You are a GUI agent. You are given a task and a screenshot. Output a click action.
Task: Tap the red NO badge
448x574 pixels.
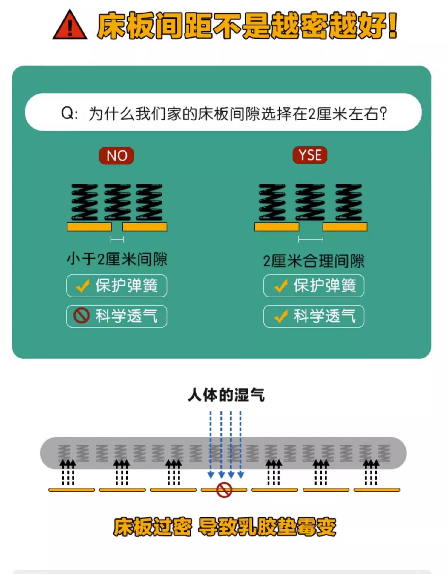click(x=116, y=155)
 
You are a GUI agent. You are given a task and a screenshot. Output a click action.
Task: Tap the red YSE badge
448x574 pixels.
click(x=310, y=155)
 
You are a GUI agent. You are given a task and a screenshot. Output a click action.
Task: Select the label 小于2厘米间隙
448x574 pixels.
click(x=117, y=259)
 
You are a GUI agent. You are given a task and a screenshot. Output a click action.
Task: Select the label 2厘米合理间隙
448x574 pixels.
click(x=314, y=261)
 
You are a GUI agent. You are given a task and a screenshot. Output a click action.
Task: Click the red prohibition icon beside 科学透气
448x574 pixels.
click(x=81, y=316)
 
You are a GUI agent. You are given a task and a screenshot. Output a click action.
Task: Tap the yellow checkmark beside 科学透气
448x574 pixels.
click(x=281, y=316)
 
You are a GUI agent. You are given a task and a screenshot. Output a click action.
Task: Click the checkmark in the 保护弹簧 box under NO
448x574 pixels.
click(x=82, y=286)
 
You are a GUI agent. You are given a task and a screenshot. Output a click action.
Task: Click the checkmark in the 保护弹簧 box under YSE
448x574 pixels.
click(x=281, y=286)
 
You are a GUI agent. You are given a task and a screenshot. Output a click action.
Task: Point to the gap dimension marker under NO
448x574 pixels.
click(x=117, y=239)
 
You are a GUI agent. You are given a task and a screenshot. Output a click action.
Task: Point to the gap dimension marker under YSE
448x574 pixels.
click(x=310, y=239)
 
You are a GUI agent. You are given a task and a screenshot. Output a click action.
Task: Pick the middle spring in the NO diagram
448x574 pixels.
click(x=117, y=202)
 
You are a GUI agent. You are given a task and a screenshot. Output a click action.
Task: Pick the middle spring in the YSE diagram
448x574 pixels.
click(x=310, y=202)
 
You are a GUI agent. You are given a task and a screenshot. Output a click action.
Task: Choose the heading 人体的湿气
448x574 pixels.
click(x=226, y=395)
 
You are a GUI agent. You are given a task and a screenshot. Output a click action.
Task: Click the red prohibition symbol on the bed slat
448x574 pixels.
click(x=224, y=490)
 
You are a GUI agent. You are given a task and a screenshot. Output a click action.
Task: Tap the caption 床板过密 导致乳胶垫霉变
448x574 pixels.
click(x=225, y=527)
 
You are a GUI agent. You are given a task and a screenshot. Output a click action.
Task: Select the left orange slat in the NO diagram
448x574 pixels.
click(x=89, y=227)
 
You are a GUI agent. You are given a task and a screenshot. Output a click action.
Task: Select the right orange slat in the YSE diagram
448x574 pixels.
click(x=345, y=227)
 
